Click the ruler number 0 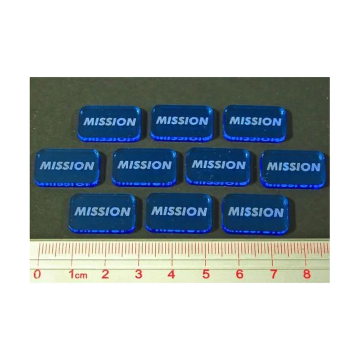point(37,274)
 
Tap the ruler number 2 point(105,274)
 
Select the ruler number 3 point(139,274)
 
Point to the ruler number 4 point(171,274)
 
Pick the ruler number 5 point(206,274)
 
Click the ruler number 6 point(239,274)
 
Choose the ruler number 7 point(273,274)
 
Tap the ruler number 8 point(307,274)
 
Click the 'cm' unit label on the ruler point(81,275)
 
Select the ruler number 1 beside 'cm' point(72,274)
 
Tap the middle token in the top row point(182,123)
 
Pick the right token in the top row point(255,123)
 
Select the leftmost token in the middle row point(67,167)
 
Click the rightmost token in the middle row point(293,169)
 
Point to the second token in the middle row point(144,167)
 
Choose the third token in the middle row point(218,166)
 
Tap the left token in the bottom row point(103,213)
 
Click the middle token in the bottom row point(179,213)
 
